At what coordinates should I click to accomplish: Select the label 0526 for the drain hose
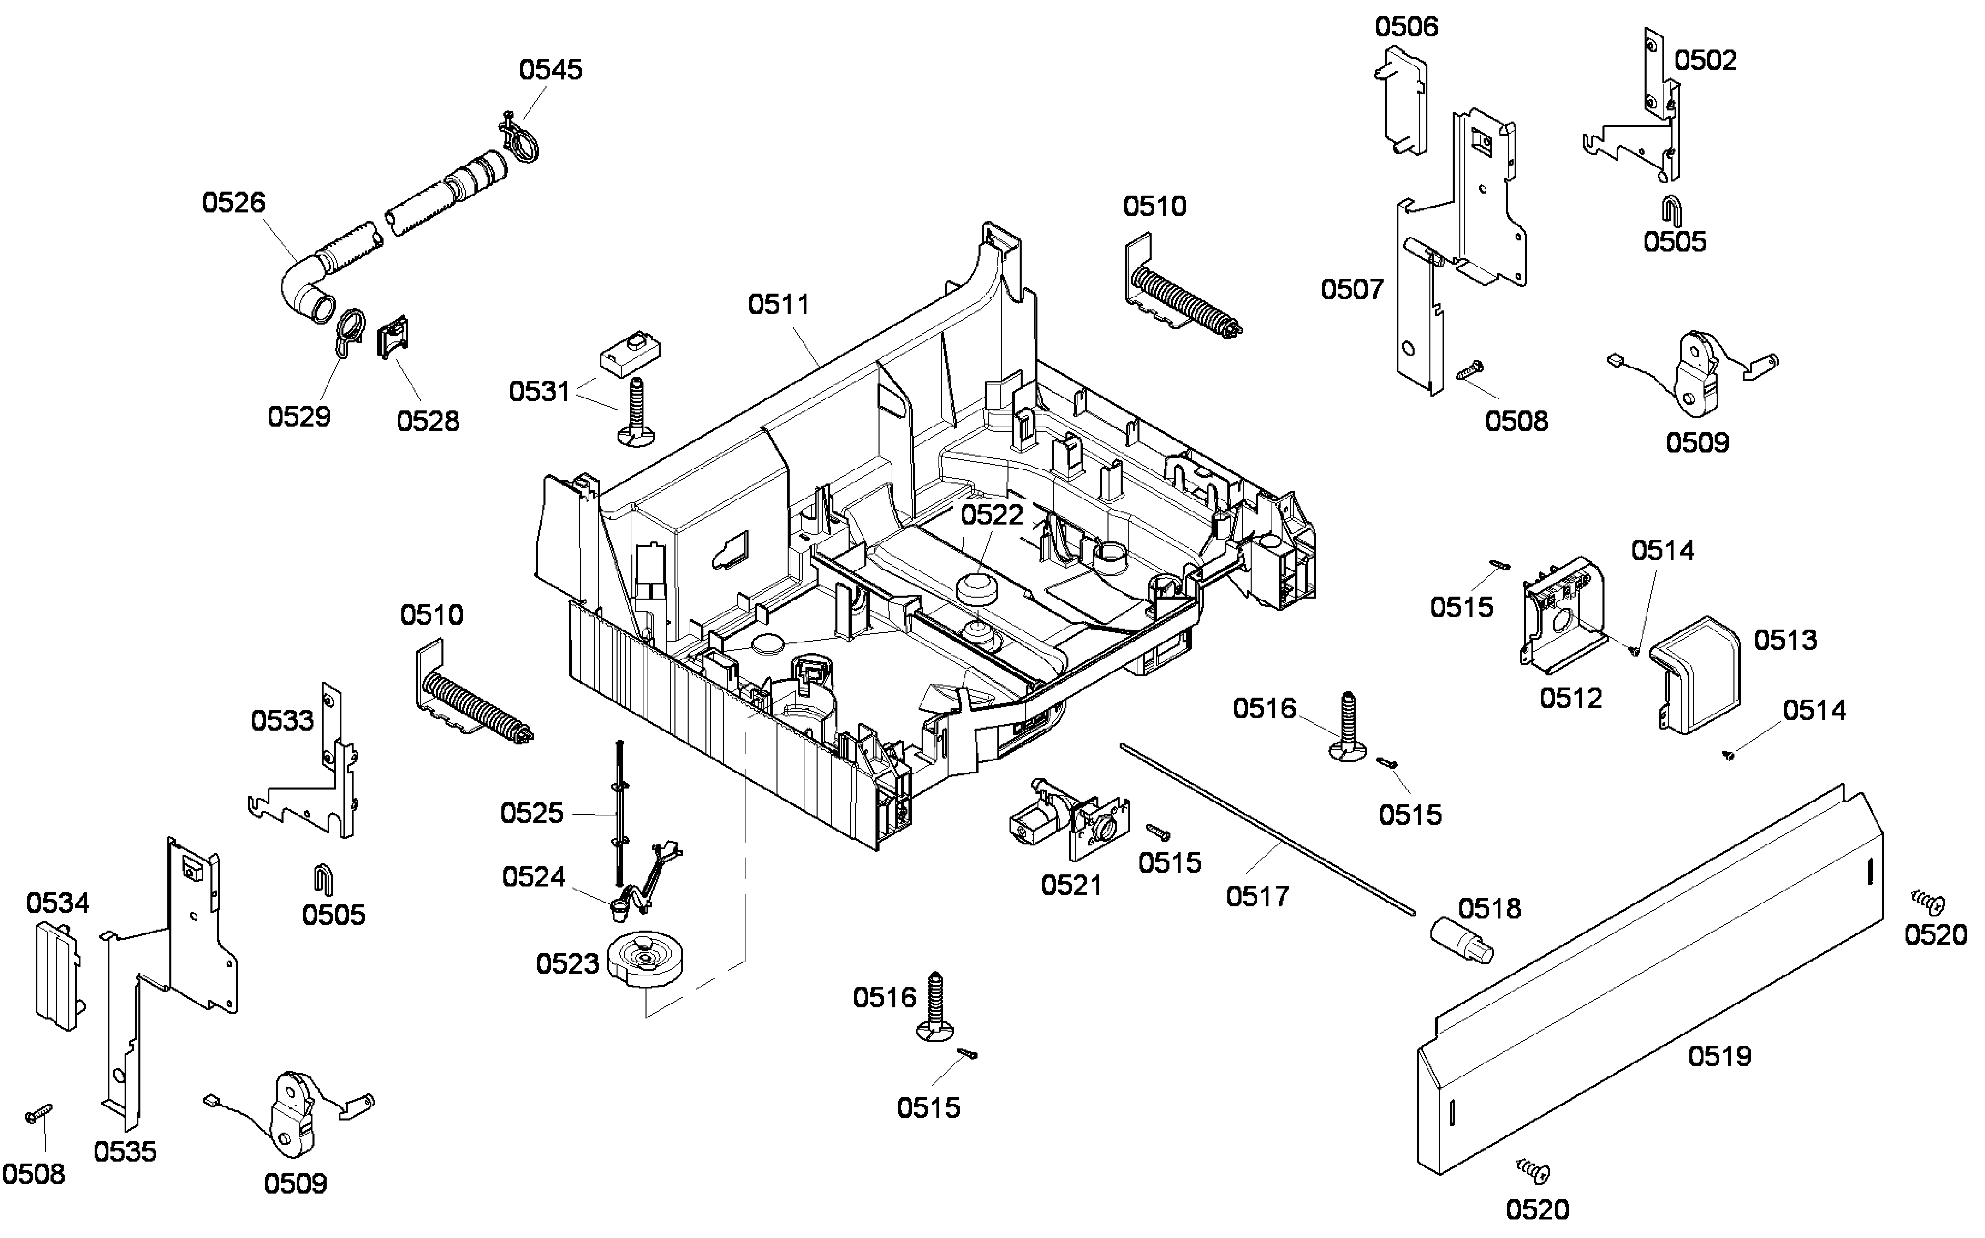[x=233, y=202]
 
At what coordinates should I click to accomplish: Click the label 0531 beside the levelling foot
[x=539, y=391]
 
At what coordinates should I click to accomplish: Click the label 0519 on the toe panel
[x=1720, y=1056]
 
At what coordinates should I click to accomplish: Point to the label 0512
[x=1570, y=698]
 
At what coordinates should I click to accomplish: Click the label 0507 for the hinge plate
[x=1352, y=289]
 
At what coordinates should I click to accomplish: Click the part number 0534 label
[x=57, y=903]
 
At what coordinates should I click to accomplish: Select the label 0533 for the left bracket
[x=282, y=721]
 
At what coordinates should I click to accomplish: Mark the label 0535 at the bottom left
[x=125, y=1152]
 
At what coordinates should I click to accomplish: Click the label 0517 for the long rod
[x=1257, y=897]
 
